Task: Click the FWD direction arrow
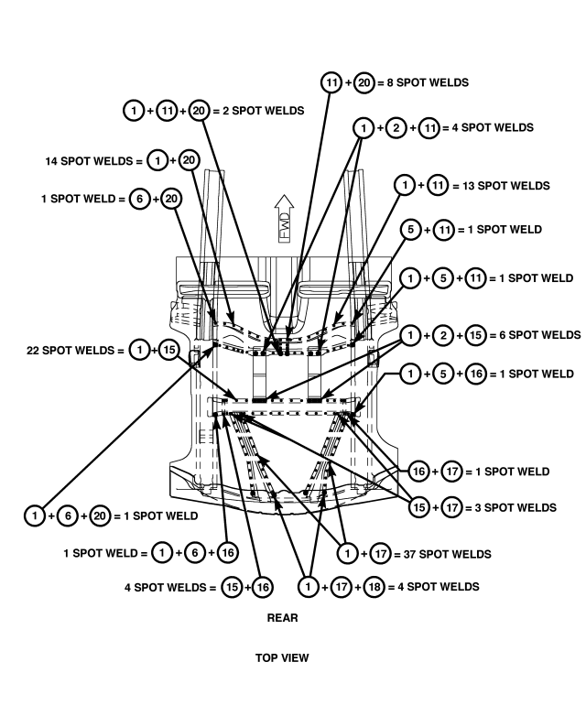point(284,219)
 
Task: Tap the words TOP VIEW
point(282,657)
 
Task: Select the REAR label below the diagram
point(282,617)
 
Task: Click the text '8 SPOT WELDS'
point(428,82)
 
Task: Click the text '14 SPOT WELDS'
point(89,161)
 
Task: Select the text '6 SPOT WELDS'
point(540,335)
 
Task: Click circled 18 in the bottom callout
point(374,587)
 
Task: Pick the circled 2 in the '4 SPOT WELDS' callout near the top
point(396,127)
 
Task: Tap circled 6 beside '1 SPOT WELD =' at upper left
point(139,199)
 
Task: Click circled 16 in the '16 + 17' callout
point(418,472)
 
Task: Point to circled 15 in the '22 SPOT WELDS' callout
point(169,350)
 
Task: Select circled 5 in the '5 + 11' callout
point(411,230)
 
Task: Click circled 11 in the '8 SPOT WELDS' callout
point(331,82)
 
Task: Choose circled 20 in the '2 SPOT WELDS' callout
point(200,111)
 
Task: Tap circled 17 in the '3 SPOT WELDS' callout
point(451,507)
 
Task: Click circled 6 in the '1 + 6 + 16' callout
point(195,553)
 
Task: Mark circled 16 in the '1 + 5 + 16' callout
point(477,374)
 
